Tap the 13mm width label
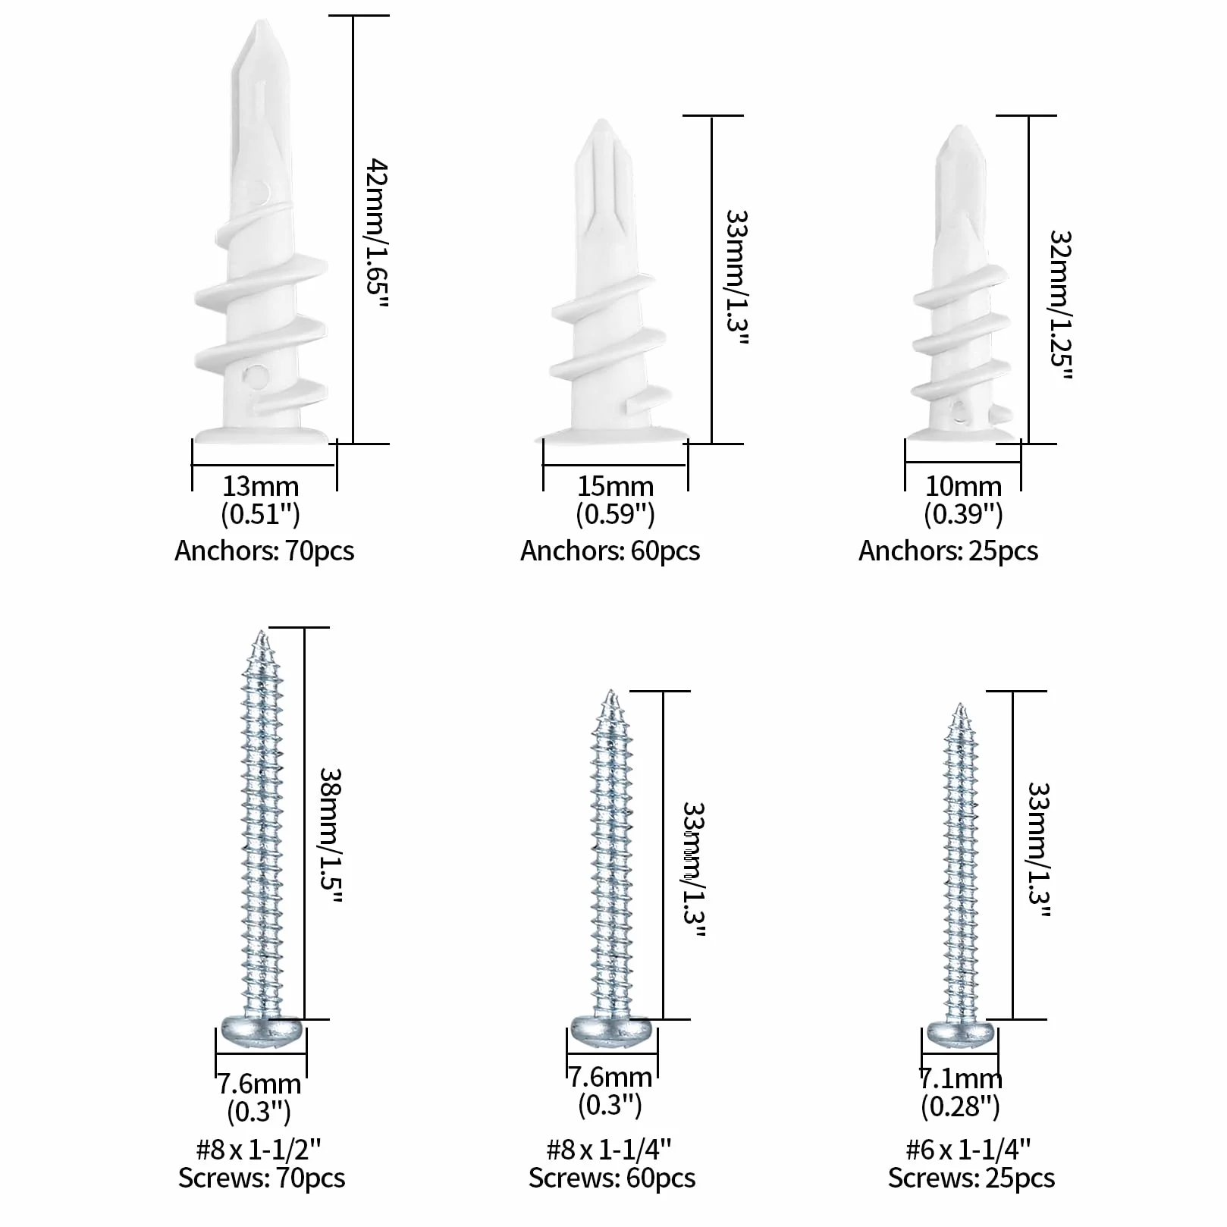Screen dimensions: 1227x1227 click(x=261, y=486)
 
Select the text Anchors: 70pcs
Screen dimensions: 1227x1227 click(x=264, y=551)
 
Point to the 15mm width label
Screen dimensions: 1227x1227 click(x=615, y=486)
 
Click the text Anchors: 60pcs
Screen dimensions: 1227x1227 click(x=610, y=551)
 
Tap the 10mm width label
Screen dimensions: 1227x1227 click(x=963, y=486)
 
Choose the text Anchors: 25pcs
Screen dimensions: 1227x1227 click(x=948, y=551)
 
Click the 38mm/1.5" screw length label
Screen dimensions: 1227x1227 click(x=331, y=835)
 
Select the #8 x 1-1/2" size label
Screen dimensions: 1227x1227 click(x=259, y=1150)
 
